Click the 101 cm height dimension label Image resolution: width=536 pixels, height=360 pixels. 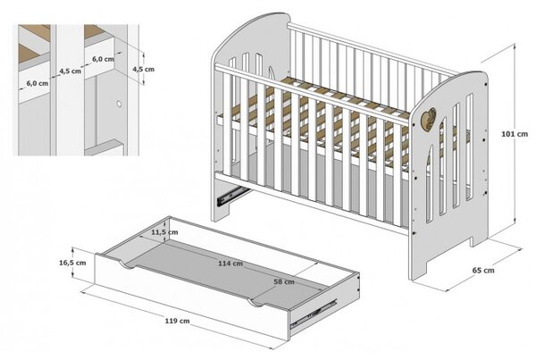coord(515,134)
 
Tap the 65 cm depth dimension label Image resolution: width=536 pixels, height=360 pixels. coord(483,271)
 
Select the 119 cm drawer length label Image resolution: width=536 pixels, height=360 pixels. coord(177,321)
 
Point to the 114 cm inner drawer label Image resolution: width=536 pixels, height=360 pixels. coord(230,264)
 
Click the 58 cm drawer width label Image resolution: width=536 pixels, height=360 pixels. coord(284,281)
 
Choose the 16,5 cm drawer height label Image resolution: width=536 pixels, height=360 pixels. coord(72,263)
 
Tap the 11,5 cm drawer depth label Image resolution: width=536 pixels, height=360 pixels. coord(164,232)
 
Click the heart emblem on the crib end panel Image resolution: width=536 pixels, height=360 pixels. coord(429,119)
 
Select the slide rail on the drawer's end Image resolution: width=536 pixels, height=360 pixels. coord(314,314)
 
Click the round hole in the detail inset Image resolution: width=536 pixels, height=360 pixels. coord(119,104)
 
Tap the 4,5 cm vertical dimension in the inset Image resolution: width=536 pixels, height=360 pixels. coord(143,69)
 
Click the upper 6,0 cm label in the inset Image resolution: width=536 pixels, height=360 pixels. coord(103,59)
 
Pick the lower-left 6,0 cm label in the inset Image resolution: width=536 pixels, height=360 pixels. coord(38,83)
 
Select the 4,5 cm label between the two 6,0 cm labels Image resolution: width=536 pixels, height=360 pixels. coord(71,71)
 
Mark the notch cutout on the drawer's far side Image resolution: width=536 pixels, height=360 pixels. coord(255,303)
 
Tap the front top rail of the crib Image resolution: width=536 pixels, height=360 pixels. coord(311,95)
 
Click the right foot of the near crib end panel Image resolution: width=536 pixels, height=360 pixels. coord(478,239)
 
